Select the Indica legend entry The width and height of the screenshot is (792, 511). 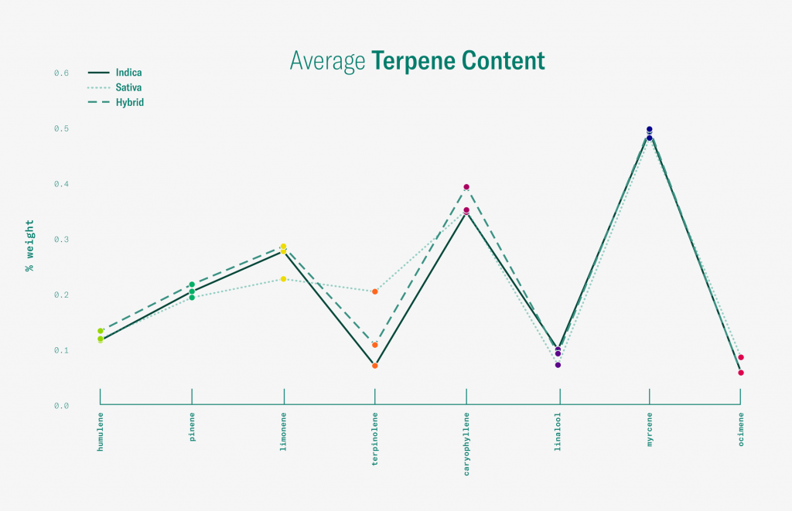coord(128,73)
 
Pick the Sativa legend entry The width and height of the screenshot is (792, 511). coord(128,87)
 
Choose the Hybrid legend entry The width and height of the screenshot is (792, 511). coord(129,102)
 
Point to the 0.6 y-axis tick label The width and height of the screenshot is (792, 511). coord(61,73)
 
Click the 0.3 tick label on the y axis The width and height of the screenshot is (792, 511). coord(61,240)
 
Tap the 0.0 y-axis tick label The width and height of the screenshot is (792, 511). coord(61,406)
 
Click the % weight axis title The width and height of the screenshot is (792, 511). coord(30,246)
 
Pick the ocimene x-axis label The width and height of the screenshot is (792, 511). coord(741,431)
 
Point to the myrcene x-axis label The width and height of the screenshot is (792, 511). coord(650,431)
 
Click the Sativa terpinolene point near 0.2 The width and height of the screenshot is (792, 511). coord(374,291)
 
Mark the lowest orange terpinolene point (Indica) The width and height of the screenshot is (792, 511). coord(374,366)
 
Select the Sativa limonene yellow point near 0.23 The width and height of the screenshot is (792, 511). coord(283,279)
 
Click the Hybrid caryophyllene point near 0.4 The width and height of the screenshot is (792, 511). coord(466,187)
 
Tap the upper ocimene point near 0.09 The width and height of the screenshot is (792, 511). coord(741,357)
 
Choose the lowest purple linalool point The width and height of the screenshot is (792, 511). coord(558,365)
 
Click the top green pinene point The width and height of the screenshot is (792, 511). coord(192,284)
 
